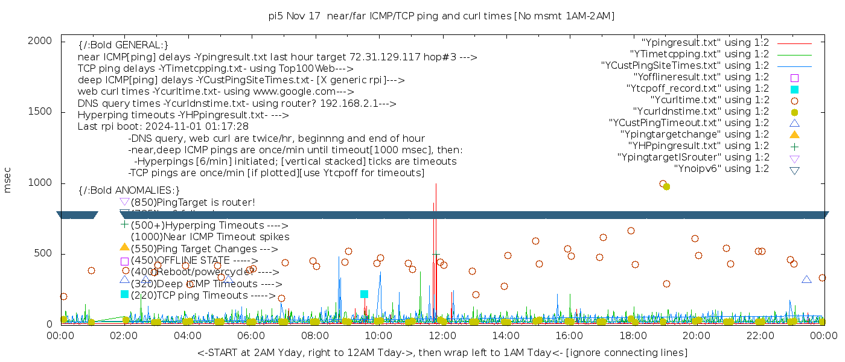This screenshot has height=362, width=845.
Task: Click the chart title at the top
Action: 441,16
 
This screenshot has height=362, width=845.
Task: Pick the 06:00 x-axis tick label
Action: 252,335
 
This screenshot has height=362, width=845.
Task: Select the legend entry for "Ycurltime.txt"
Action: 709,100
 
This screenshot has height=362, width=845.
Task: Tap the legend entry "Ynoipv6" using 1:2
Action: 721,169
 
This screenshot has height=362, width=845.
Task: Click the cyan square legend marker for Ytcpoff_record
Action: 794,89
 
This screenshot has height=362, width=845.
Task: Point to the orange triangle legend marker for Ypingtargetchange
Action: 794,135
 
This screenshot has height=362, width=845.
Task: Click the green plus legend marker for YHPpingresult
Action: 794,146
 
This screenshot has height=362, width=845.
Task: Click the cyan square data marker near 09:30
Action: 364,294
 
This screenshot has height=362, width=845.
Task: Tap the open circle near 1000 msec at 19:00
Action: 663,183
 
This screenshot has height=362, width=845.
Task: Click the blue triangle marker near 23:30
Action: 806,279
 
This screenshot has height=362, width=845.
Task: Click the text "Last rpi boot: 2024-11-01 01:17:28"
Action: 163,127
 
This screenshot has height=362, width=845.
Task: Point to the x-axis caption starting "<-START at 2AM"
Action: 442,352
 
